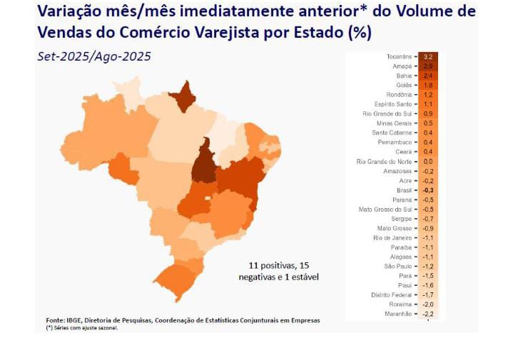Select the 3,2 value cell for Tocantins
(428, 56)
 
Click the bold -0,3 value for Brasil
(428, 190)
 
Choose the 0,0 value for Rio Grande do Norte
(428, 162)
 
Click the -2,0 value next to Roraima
(428, 304)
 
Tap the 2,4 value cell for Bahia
(428, 75)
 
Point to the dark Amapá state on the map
(188, 96)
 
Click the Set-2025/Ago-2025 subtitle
(93, 56)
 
